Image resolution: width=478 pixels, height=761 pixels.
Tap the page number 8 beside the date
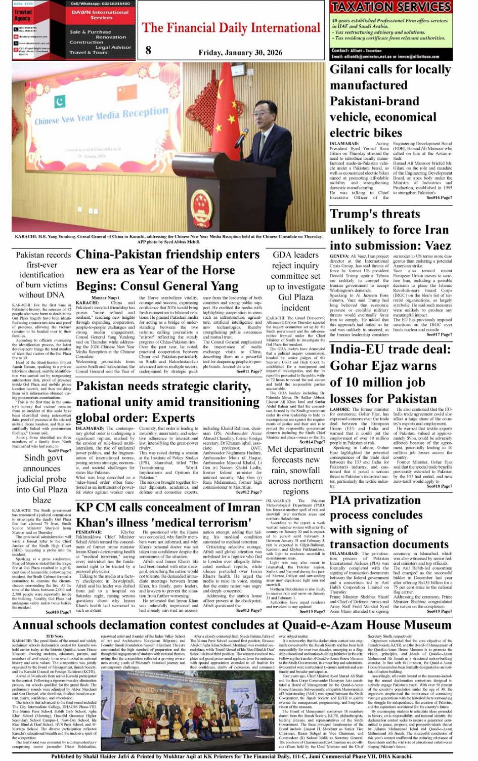pos(148,50)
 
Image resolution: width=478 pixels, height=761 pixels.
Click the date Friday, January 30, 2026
pos(240,53)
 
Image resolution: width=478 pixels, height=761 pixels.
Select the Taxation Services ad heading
pos(392,7)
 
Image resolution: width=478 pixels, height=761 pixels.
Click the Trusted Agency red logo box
pos(23,15)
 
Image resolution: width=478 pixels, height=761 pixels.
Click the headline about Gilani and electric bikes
pos(390,101)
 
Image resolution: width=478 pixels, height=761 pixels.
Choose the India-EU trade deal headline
pos(390,373)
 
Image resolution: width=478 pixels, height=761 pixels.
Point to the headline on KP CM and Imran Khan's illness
pos(168,515)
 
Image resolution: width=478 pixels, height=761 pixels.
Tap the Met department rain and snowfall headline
pos(295,470)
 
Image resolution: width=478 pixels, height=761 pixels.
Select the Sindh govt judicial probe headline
pos(41,479)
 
